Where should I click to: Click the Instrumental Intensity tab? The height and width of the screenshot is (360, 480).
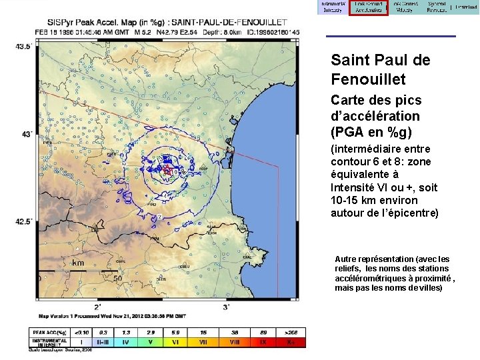click(332, 7)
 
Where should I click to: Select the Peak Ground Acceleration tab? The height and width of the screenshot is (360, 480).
click(368, 7)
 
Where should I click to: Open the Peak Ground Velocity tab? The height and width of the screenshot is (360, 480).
click(405, 7)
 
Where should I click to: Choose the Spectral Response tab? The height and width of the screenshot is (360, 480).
click(437, 7)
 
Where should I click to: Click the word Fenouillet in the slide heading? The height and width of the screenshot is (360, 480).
click(367, 79)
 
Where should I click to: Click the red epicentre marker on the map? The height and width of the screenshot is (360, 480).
click(166, 171)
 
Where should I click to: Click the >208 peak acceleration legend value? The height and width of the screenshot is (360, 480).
click(290, 331)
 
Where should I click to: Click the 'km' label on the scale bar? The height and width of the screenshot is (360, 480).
click(78, 263)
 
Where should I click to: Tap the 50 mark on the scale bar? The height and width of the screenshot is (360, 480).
click(117, 278)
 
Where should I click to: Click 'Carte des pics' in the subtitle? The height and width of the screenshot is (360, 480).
click(376, 101)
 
